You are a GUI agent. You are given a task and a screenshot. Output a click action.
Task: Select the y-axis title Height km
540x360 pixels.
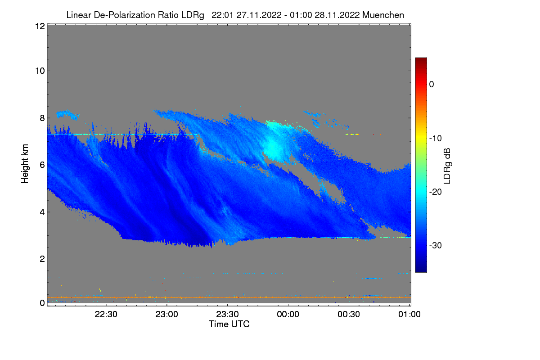pos(26,164)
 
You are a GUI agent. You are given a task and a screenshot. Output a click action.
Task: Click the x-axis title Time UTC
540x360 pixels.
pos(229,324)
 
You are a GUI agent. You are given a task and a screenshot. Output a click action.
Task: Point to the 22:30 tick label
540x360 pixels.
pos(106,315)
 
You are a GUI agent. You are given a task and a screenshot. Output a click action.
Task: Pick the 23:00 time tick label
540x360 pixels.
pos(167,315)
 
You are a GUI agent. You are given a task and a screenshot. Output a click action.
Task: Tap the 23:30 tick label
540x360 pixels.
pos(228,315)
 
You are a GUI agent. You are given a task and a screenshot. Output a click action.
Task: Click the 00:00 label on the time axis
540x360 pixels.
pos(288,315)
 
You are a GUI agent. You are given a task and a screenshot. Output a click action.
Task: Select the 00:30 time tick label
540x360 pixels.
pos(349,315)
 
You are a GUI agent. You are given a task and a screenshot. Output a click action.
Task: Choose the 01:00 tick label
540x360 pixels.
pos(409,315)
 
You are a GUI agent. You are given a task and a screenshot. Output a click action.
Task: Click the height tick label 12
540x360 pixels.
pos(39,26)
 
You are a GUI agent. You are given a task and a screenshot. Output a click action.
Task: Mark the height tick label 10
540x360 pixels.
pos(39,71)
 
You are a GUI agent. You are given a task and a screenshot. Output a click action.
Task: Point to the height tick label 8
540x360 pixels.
pos(42,118)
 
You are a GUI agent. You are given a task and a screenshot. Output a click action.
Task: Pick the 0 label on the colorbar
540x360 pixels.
pos(432,84)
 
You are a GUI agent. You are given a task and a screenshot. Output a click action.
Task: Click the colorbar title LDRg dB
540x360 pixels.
pos(448,165)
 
